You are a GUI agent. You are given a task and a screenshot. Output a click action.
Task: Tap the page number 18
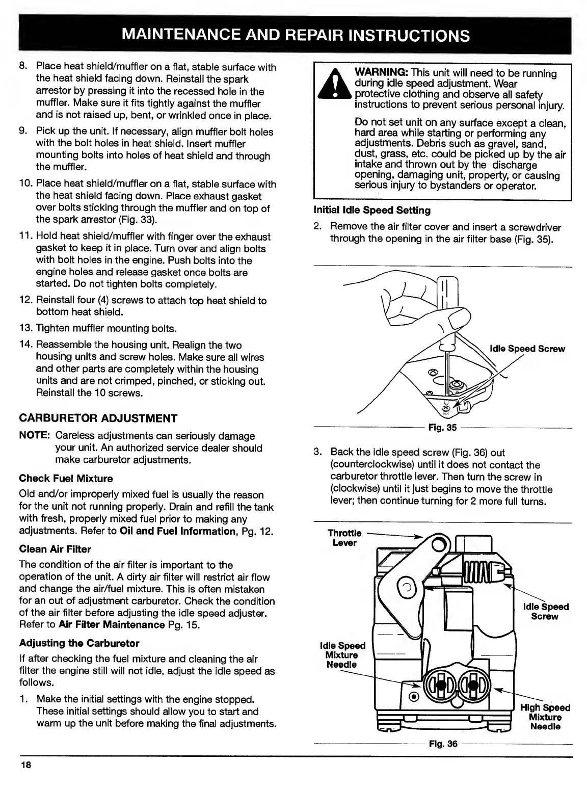tap(26, 765)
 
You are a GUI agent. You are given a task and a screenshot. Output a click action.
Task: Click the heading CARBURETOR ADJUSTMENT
tap(98, 418)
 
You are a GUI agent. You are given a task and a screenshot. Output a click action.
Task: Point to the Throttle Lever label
tap(344, 538)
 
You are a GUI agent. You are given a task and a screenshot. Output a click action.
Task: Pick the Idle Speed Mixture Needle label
tap(341, 655)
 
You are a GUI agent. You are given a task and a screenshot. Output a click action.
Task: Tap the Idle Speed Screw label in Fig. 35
tap(527, 349)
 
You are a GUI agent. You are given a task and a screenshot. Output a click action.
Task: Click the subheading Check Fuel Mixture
tap(66, 479)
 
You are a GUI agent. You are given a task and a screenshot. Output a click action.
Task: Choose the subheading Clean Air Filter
tap(55, 549)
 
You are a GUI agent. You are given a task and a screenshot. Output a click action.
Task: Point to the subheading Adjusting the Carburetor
tap(79, 643)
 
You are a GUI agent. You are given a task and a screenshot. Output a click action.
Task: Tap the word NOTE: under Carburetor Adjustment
tap(34, 436)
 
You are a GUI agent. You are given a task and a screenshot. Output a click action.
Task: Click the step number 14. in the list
tap(26, 345)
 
